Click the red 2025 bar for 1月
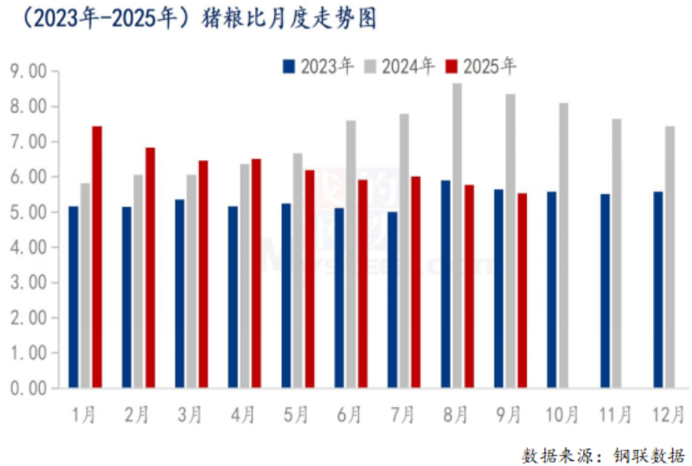(x=97, y=256)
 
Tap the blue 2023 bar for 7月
(x=392, y=300)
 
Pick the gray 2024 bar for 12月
(x=670, y=256)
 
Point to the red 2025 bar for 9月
(x=522, y=290)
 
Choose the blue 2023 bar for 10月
(x=551, y=289)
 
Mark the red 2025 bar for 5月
(x=310, y=279)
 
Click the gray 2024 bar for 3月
(x=191, y=281)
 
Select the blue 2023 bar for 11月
(x=605, y=290)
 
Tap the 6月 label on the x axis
(x=349, y=415)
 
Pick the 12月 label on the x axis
(x=669, y=415)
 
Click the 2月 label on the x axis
(x=137, y=415)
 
